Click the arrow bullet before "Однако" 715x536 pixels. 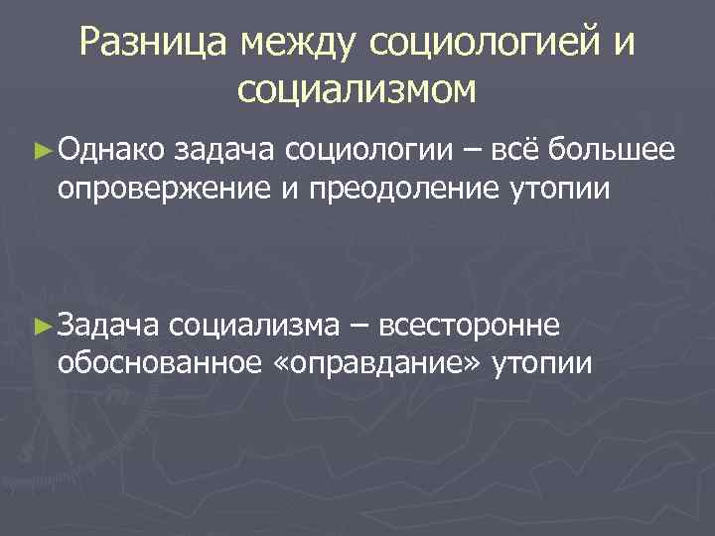pyautogui.click(x=41, y=152)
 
